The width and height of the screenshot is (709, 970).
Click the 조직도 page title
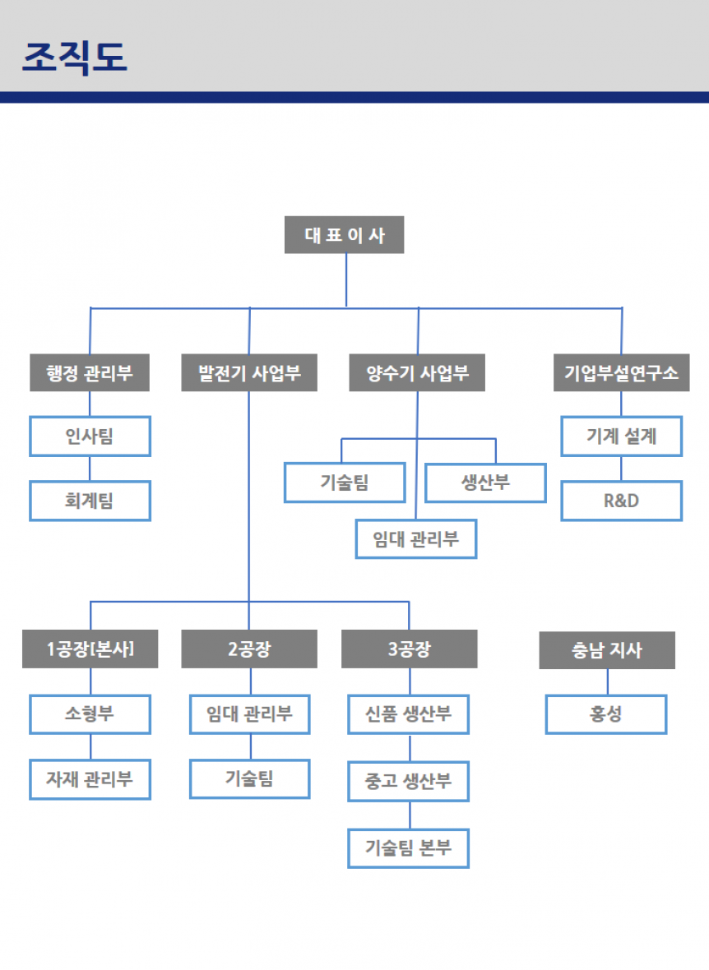75,57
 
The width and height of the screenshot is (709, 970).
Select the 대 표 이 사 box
345,235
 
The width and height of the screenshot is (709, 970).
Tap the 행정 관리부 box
90,373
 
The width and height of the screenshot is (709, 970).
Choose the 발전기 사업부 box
249,373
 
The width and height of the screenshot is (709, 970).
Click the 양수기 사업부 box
417,373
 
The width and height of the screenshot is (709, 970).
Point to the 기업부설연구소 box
621,373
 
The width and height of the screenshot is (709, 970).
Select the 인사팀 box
90,436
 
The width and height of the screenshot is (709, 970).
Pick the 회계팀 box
90,501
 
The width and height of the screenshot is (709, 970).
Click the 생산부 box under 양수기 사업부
485,483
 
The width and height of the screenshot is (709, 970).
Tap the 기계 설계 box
621,436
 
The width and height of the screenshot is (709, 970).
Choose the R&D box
621,501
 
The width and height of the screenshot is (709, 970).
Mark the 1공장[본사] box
90,649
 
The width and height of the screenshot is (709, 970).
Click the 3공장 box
409,649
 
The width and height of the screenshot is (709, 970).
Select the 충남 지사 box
607,650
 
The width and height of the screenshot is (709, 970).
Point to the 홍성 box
606,714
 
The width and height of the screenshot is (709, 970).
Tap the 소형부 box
90,714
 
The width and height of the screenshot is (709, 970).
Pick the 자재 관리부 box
90,778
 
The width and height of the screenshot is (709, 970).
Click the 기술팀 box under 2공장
249,778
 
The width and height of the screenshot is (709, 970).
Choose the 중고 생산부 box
409,780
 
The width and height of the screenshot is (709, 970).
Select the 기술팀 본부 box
409,848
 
